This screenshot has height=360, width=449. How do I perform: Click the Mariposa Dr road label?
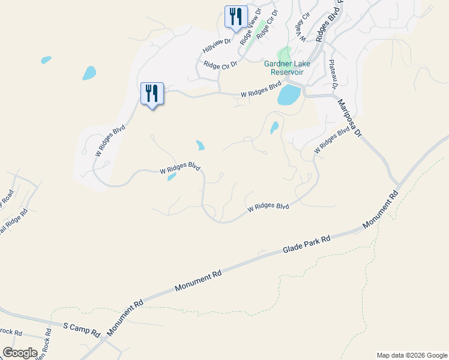[351, 118]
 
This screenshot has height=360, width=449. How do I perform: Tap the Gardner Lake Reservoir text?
[284, 68]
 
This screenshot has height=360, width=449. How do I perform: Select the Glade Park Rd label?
[307, 244]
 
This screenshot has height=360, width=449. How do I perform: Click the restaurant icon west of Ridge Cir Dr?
[152, 93]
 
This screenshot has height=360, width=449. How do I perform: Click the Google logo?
[20, 353]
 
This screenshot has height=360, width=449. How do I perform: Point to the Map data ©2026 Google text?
[411, 355]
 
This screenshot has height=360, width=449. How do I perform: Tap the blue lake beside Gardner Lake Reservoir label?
[289, 95]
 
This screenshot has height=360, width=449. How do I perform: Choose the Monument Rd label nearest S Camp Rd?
[126, 317]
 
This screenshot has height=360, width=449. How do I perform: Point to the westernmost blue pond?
[46, 60]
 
